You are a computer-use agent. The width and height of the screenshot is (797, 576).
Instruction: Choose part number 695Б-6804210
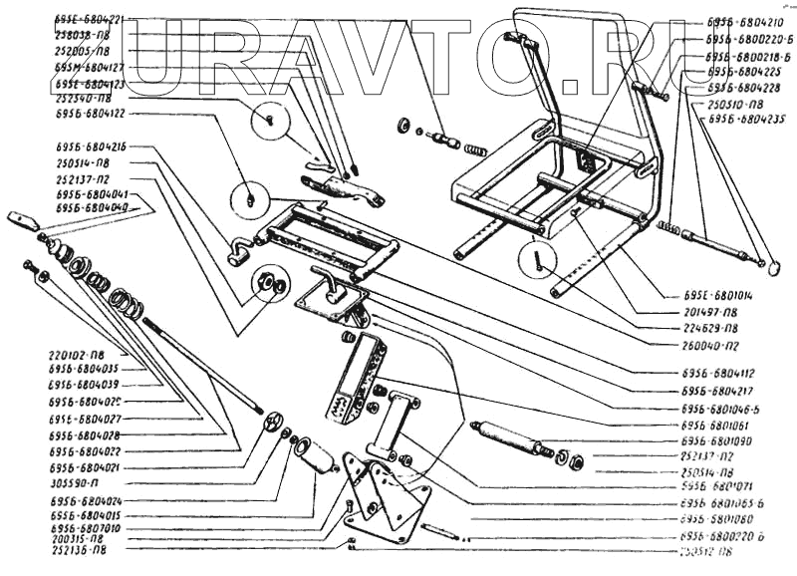click(x=743, y=19)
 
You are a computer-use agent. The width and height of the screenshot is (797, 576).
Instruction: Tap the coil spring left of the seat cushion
click(x=477, y=150)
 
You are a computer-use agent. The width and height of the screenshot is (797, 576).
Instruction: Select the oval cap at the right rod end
click(x=769, y=264)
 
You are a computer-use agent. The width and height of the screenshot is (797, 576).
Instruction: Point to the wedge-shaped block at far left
click(x=22, y=218)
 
